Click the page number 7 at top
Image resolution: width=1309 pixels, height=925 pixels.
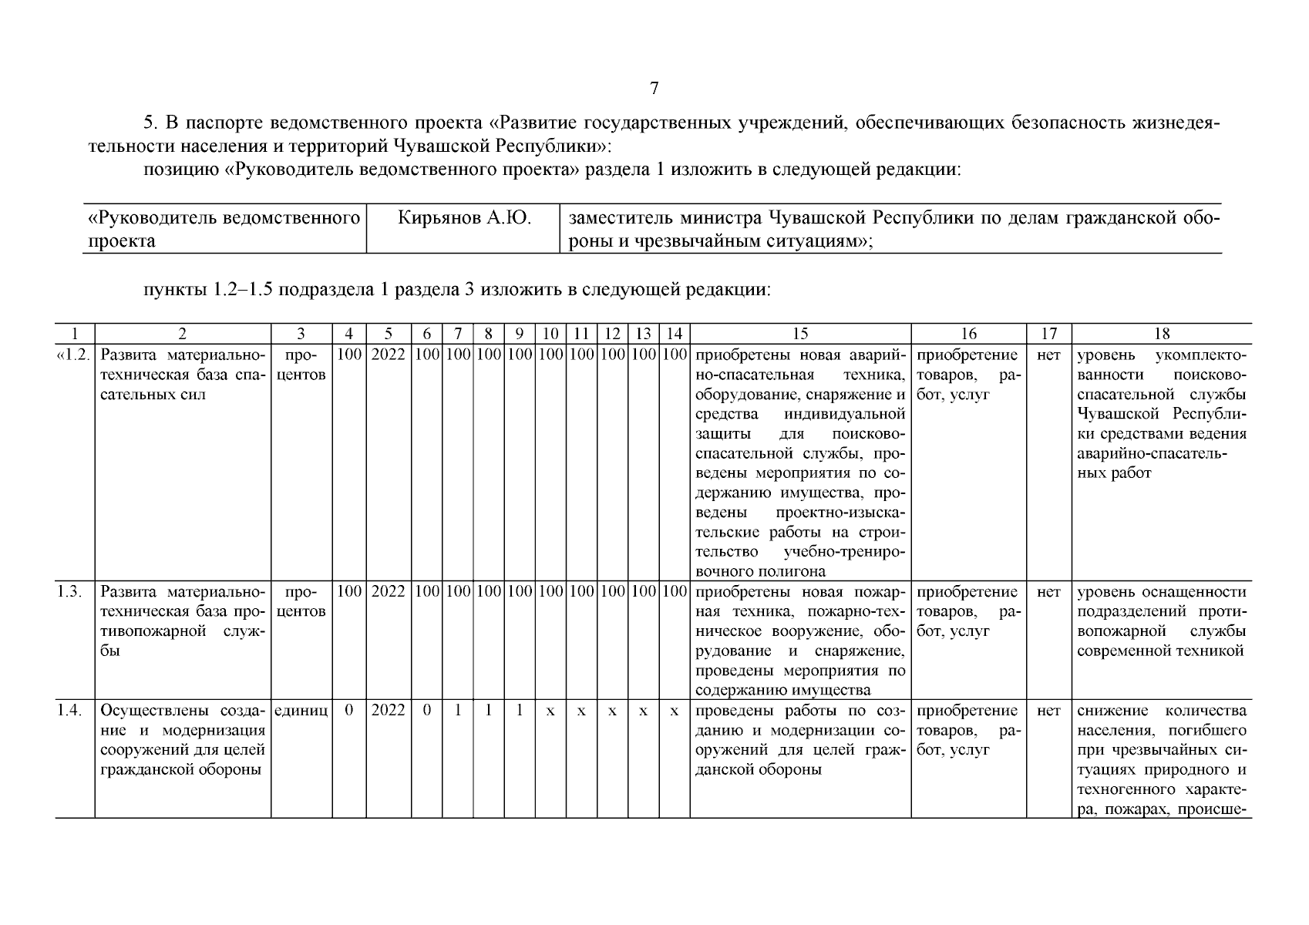click(x=654, y=89)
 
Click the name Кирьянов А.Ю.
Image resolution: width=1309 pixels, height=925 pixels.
click(x=464, y=218)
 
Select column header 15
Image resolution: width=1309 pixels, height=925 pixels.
click(x=800, y=334)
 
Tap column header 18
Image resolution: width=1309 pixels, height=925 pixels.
click(x=1162, y=334)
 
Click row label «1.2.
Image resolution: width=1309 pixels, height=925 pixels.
click(x=75, y=355)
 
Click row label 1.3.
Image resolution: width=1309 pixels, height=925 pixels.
click(x=70, y=592)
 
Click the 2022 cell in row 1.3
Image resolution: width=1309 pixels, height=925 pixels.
click(x=389, y=592)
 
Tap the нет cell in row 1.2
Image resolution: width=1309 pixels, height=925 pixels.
click(x=1048, y=355)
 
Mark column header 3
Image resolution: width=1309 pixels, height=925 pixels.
click(x=301, y=334)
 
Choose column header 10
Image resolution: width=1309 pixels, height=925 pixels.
click(x=550, y=334)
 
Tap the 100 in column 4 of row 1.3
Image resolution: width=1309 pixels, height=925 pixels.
click(x=349, y=592)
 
